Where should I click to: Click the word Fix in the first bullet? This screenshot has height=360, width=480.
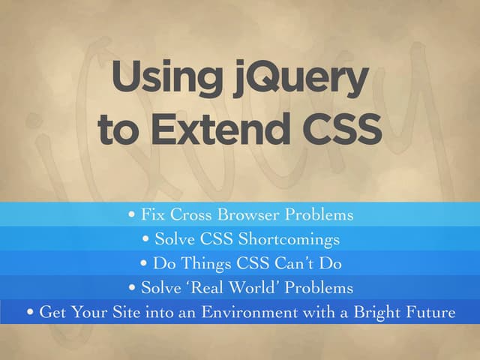tap(153, 215)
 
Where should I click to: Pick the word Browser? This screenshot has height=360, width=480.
tap(252, 215)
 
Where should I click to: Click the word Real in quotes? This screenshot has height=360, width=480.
tap(212, 288)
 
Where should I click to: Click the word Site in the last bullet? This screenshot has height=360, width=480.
tap(112, 312)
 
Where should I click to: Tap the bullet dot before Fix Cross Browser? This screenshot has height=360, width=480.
tap(133, 216)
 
